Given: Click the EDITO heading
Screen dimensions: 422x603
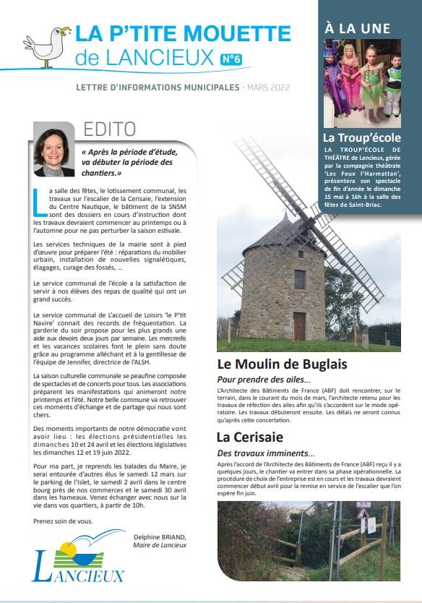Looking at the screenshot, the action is click(109, 129).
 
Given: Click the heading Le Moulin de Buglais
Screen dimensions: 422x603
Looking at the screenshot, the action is click(282, 364).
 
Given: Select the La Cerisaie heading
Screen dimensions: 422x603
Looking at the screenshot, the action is click(249, 437).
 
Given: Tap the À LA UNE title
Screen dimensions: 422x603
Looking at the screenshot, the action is click(357, 28).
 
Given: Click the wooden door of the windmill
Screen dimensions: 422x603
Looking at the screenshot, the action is click(299, 326).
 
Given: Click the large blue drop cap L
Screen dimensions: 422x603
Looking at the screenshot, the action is click(38, 202).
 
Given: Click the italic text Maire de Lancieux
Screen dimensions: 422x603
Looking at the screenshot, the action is click(160, 545).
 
